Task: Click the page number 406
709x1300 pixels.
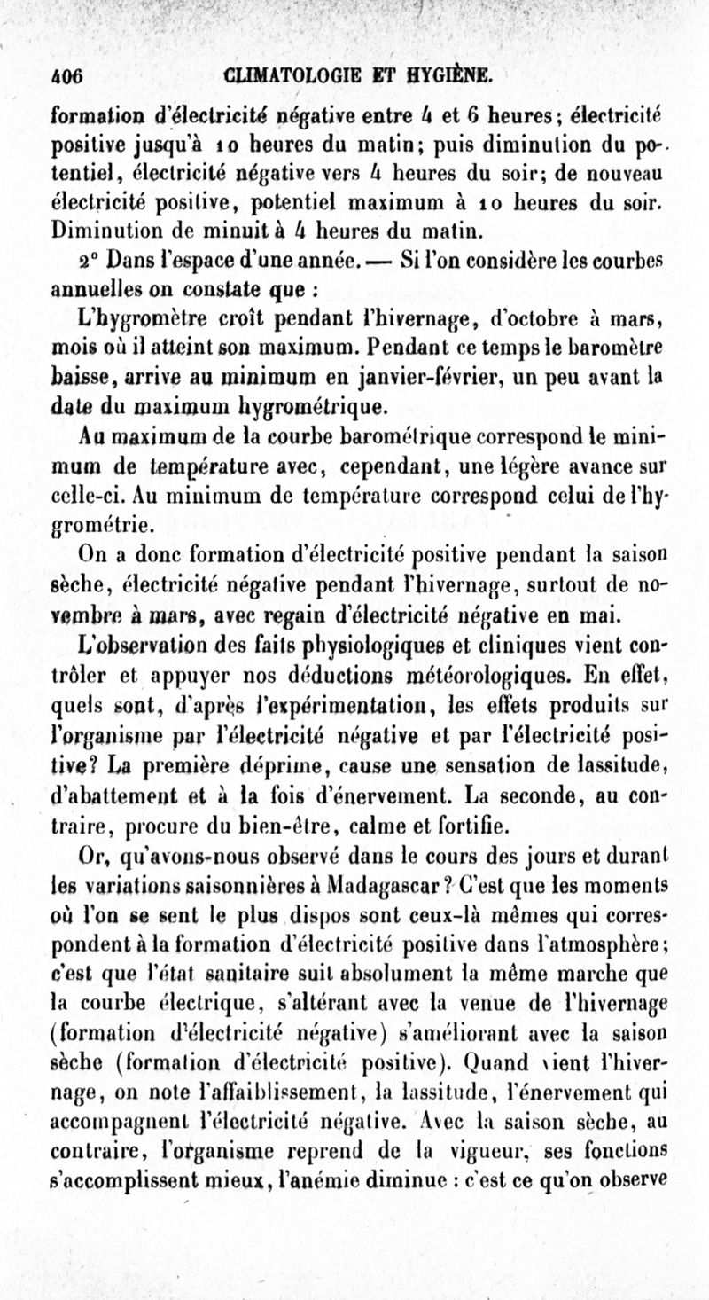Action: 67,74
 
